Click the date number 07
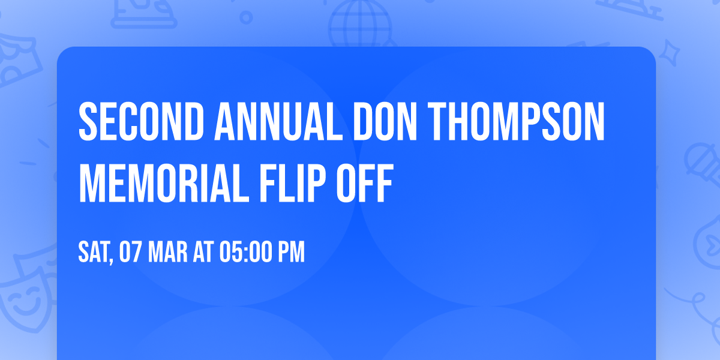point(130,253)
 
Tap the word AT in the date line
point(202,253)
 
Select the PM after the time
point(291,253)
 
